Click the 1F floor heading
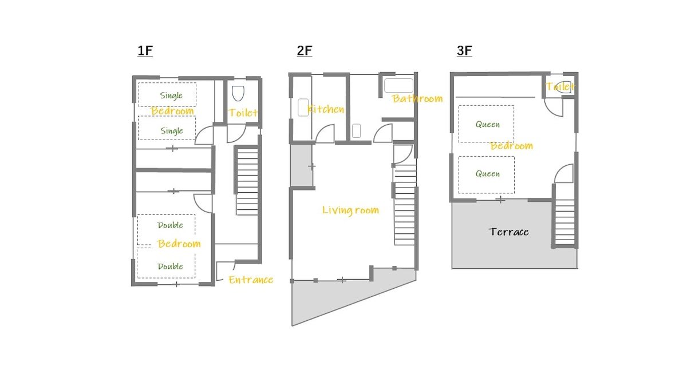145,51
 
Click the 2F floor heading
305,51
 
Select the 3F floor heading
464,51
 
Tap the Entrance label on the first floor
250,280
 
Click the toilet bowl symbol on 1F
238,93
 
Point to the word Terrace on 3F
508,232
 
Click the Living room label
350,210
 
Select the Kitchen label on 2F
326,109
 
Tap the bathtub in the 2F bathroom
398,86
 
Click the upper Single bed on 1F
167,94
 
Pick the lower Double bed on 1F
166,264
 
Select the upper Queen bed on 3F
486,124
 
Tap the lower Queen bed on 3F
486,174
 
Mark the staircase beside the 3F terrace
564,220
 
